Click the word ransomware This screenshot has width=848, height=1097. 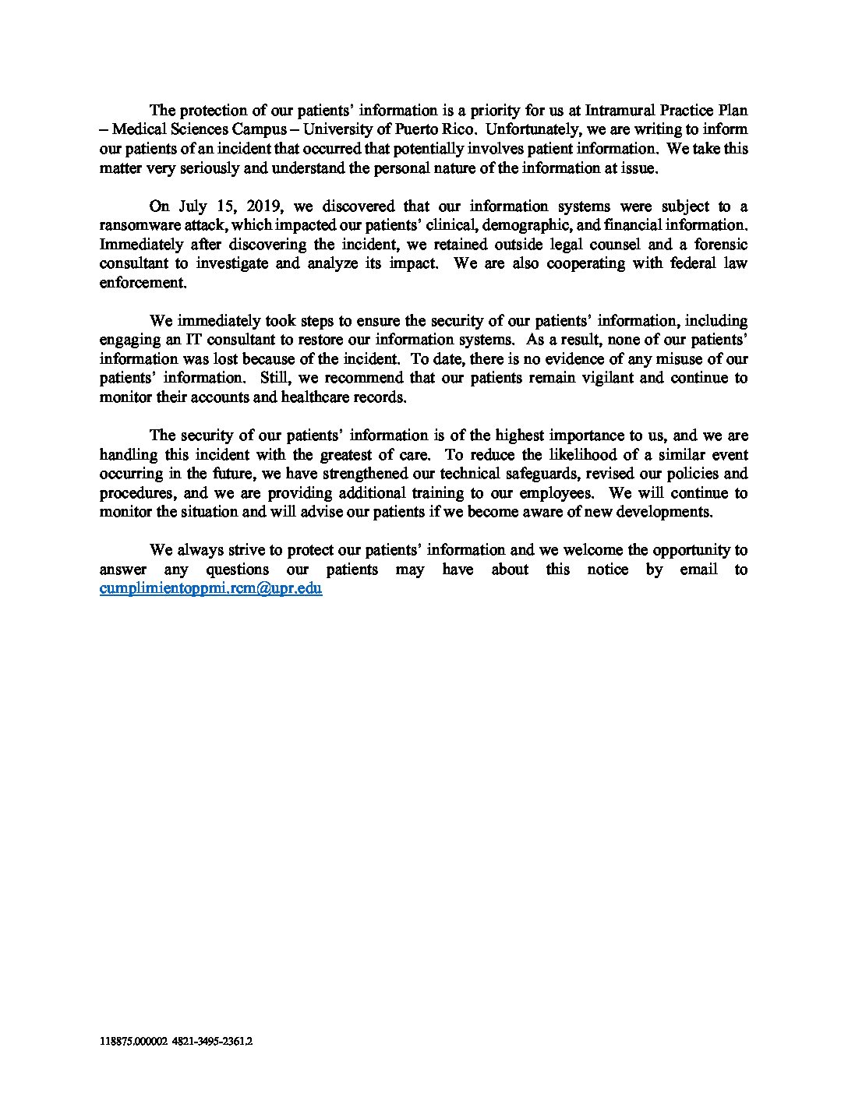pyautogui.click(x=137, y=225)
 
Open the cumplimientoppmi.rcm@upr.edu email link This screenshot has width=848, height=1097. pyautogui.click(x=211, y=589)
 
